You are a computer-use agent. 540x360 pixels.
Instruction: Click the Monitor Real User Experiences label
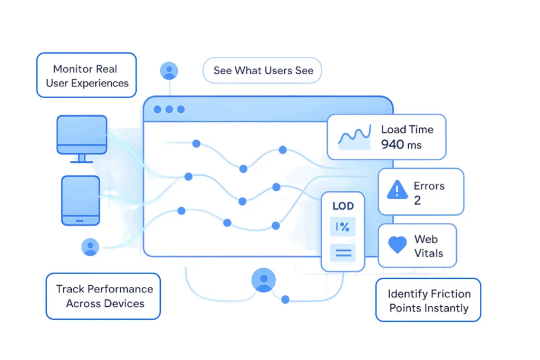click(86, 75)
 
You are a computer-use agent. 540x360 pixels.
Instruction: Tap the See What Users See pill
click(263, 70)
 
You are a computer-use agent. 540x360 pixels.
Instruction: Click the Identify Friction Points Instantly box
click(428, 300)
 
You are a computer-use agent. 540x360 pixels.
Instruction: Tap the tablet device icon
click(80, 200)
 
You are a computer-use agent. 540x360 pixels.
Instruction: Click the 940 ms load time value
click(401, 144)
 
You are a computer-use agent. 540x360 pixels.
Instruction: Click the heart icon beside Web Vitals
click(397, 245)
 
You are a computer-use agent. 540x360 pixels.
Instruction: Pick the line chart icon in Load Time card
click(354, 137)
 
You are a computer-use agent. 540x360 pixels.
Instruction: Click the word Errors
click(429, 186)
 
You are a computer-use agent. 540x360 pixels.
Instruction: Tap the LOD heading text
click(343, 206)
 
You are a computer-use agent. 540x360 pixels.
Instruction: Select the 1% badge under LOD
click(343, 227)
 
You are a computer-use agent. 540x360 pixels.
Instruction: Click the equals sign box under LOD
click(343, 252)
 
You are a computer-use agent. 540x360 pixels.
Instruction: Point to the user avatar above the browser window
click(169, 71)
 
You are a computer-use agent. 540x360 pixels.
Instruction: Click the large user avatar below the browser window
click(264, 280)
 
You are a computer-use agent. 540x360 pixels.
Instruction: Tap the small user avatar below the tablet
click(91, 247)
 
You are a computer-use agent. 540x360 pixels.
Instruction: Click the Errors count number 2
click(417, 201)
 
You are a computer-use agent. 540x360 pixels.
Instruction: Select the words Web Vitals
click(428, 246)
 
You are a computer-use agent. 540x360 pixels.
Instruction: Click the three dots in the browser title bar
click(169, 110)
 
